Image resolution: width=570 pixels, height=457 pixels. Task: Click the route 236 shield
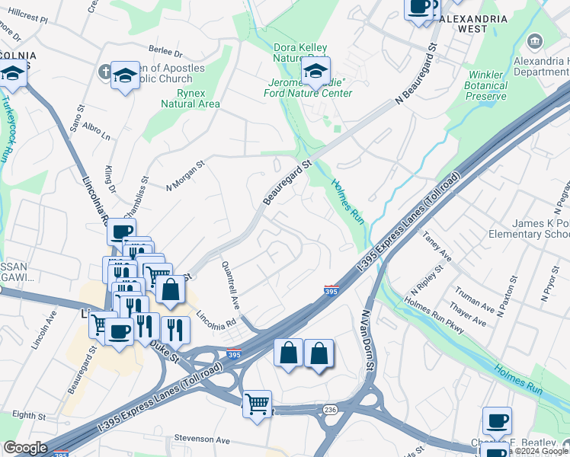pyautogui.click(x=329, y=410)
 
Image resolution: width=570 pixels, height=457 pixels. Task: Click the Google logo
pyautogui.click(x=25, y=448)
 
